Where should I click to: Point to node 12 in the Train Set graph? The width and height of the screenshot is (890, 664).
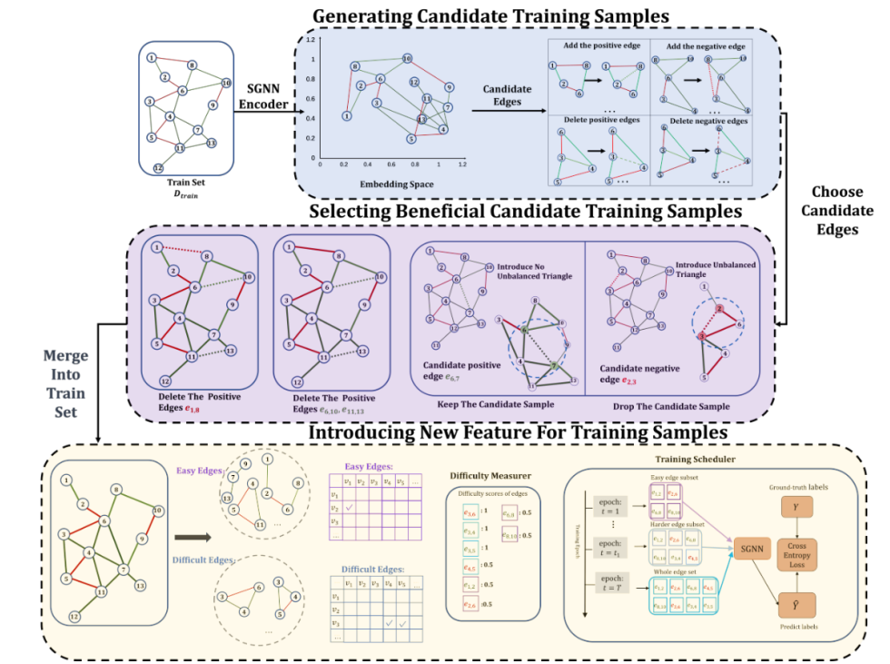158,168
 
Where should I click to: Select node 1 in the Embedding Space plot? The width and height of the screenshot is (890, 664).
346,116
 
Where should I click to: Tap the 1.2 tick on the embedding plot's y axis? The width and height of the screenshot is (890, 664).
310,41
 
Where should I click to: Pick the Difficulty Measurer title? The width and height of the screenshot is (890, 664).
490,474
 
